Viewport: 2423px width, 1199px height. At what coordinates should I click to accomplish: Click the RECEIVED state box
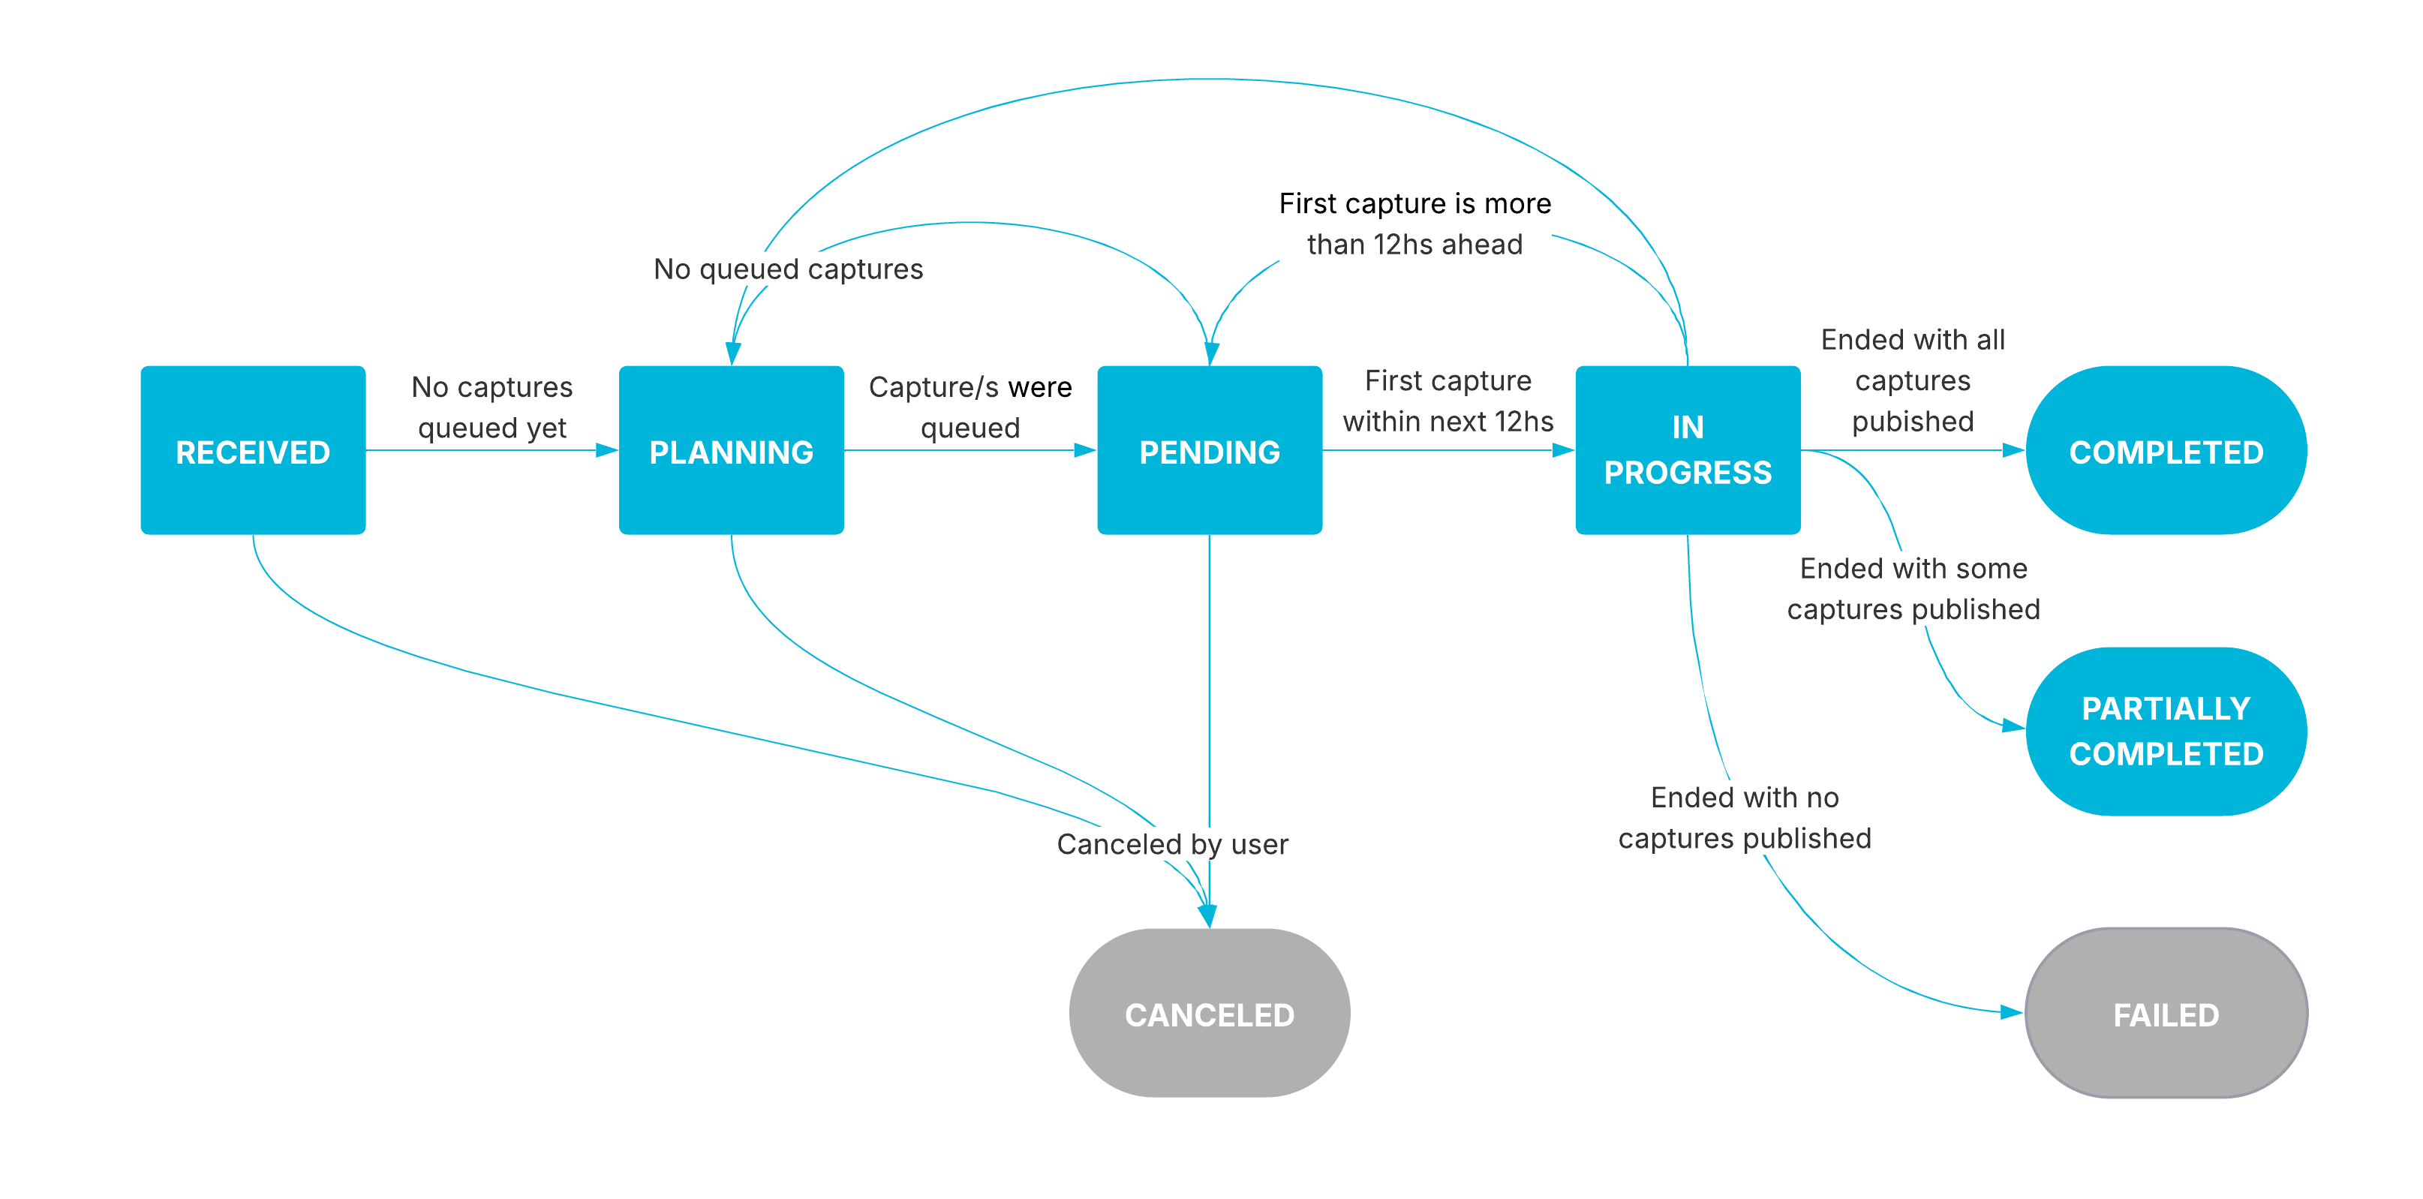coord(253,450)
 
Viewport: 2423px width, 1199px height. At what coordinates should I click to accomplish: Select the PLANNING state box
coord(731,450)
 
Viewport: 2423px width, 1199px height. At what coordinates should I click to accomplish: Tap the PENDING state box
coord(1209,450)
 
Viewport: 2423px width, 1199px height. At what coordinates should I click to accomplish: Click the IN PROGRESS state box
coord(1688,450)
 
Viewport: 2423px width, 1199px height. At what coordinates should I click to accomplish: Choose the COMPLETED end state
coord(2166,450)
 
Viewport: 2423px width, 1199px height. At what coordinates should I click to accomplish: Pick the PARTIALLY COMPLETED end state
coord(2166,731)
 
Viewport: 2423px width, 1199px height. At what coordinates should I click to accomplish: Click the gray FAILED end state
coord(2166,1013)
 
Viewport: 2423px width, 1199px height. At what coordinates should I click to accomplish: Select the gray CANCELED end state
coord(1209,1013)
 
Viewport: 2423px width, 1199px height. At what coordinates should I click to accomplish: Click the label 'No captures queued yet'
coord(492,407)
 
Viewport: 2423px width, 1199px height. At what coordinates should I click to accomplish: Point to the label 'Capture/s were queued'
coord(970,407)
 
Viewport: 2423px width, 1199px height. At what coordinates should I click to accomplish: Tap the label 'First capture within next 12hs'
coord(1447,401)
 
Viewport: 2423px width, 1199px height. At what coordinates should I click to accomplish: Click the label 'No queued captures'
coord(788,269)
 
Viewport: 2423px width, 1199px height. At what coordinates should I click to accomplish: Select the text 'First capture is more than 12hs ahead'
coord(1414,224)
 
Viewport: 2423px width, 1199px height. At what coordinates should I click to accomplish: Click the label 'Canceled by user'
coord(1172,843)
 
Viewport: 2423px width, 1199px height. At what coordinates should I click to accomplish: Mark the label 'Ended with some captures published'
coord(1913,589)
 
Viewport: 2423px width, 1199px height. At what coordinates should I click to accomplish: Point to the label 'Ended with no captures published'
coord(1744,817)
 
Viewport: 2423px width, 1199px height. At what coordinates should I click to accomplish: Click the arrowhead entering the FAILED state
coord(2011,1013)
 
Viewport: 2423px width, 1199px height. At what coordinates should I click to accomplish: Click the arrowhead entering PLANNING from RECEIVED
coord(607,450)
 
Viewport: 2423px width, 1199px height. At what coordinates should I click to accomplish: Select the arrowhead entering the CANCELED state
coord(1207,916)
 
